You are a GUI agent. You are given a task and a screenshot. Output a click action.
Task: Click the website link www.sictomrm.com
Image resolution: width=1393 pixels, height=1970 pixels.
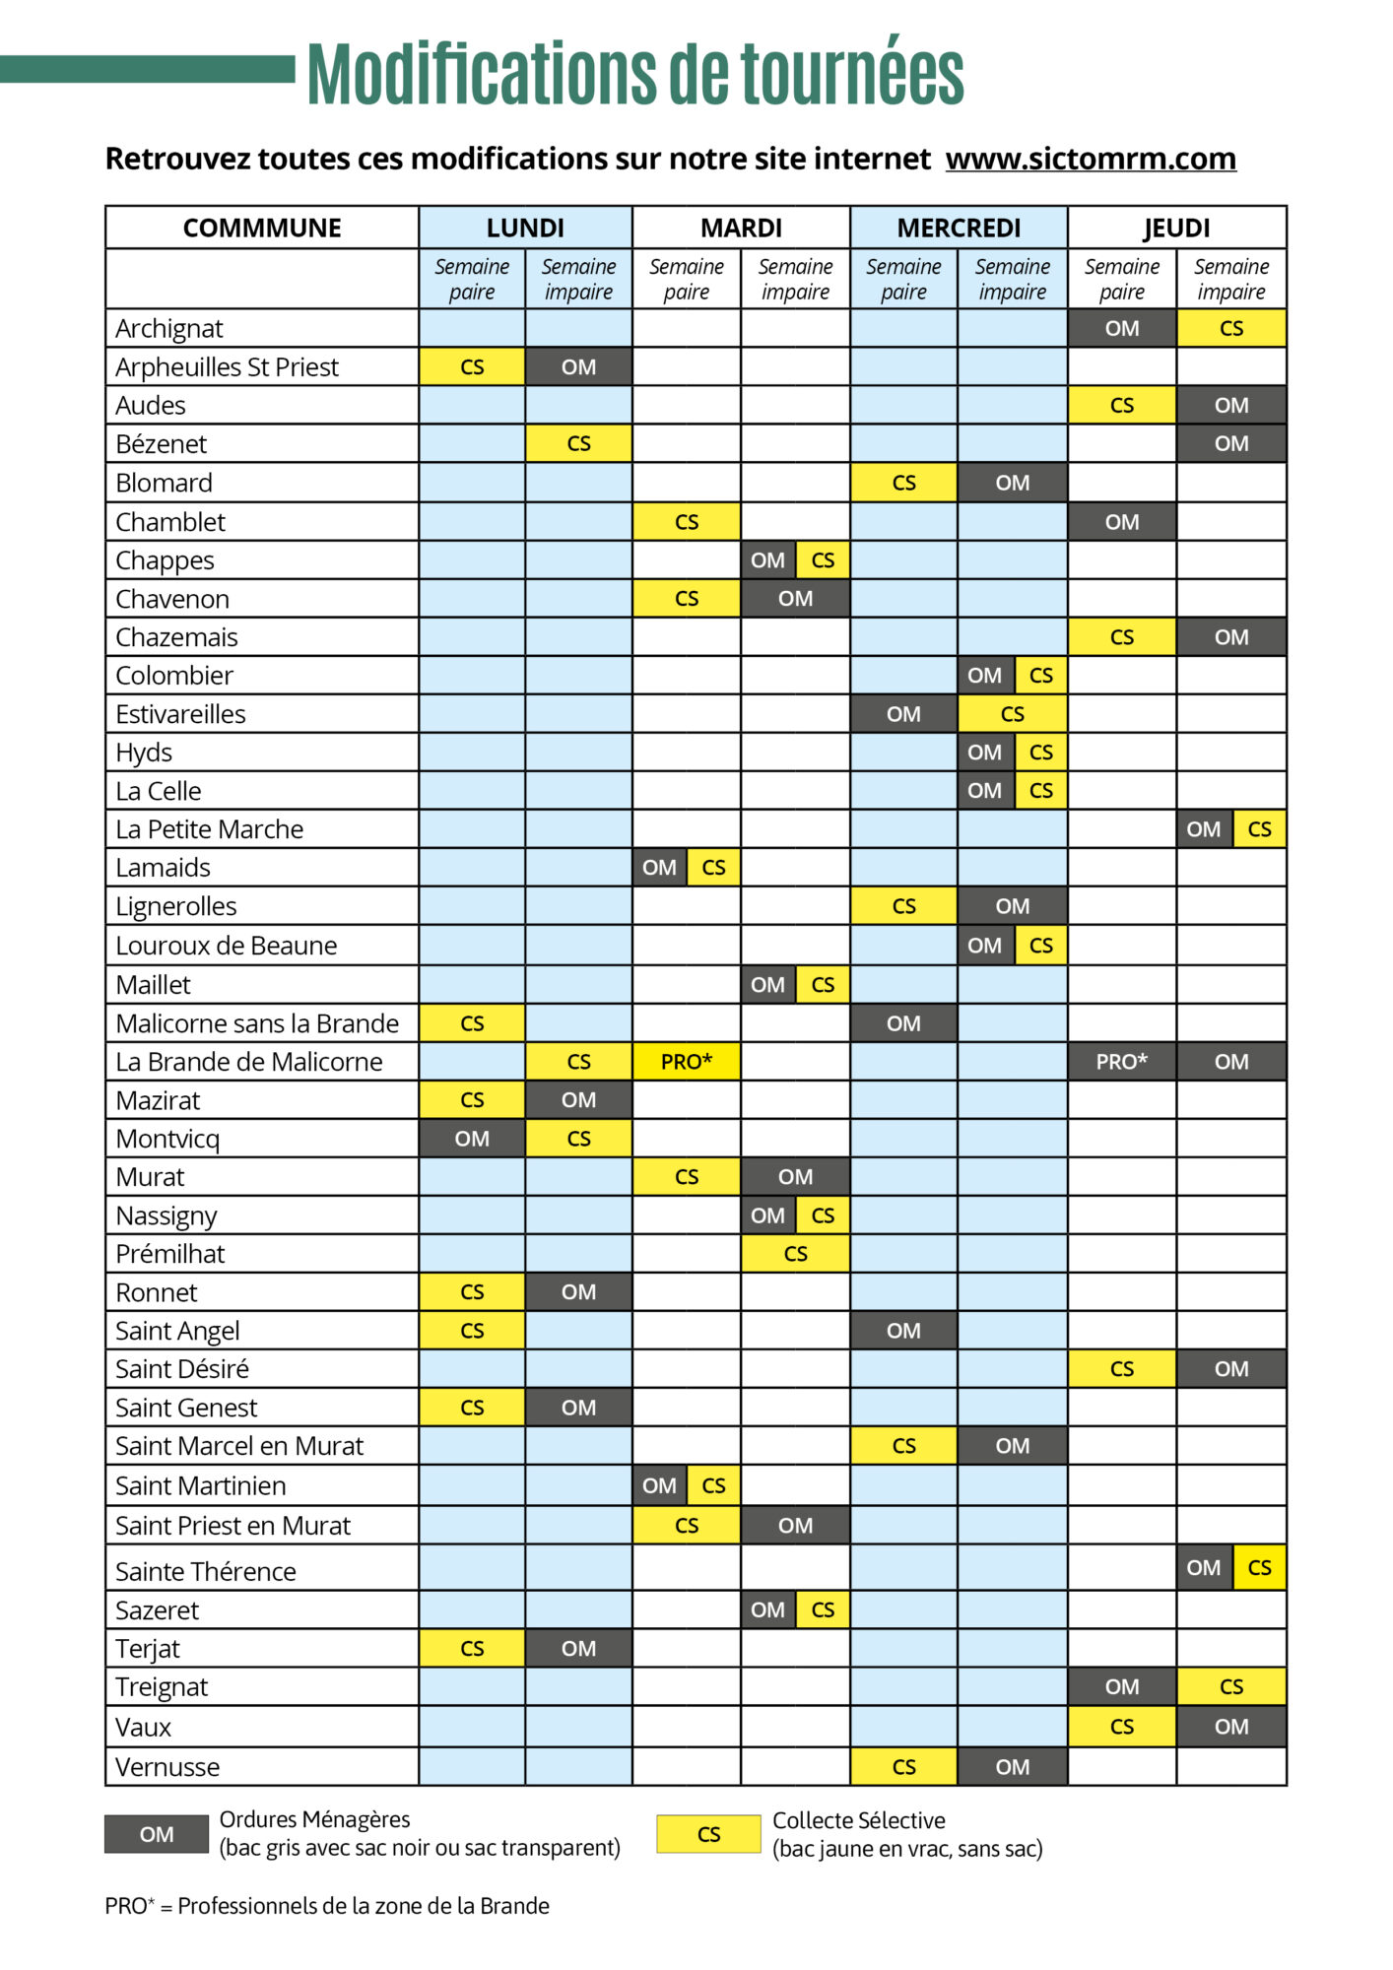(x=1091, y=159)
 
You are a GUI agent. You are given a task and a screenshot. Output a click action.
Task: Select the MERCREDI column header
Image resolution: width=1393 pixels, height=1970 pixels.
(x=959, y=228)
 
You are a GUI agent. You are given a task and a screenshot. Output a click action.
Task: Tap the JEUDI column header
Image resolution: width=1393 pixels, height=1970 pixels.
(x=1176, y=228)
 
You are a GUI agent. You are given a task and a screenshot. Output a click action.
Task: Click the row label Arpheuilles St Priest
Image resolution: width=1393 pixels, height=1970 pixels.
(x=227, y=367)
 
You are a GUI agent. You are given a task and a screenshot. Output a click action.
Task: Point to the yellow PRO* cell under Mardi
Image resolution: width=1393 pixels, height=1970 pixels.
(x=687, y=1062)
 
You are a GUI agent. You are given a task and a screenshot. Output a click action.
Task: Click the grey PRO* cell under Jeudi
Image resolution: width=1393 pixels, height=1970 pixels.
(x=1122, y=1062)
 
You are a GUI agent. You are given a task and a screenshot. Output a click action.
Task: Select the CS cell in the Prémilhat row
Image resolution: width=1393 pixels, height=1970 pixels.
(x=795, y=1254)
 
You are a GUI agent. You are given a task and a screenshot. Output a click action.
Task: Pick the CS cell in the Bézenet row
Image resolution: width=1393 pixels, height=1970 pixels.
(x=578, y=444)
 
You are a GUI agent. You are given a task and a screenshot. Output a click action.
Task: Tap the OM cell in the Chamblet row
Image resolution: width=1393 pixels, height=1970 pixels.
(x=1122, y=522)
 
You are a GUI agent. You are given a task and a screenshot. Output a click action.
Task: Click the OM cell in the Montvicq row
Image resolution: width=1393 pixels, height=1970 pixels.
(x=472, y=1139)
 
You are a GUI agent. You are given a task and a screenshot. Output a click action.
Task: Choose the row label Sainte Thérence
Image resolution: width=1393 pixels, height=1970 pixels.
(x=205, y=1571)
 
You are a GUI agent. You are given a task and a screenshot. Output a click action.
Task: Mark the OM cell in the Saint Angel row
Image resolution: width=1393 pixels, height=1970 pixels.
(x=903, y=1331)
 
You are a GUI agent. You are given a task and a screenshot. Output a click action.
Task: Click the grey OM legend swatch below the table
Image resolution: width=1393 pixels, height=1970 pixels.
(x=157, y=1834)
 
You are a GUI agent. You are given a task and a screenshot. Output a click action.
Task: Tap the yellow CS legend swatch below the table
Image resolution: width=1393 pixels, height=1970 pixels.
(x=708, y=1834)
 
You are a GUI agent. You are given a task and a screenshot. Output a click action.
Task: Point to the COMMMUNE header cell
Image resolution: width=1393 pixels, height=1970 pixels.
(x=262, y=228)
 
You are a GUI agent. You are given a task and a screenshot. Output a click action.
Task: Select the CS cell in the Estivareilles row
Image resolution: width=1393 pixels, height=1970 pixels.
(x=1013, y=714)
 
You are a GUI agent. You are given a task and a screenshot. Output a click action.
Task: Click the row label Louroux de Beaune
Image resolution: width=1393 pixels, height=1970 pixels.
(x=226, y=946)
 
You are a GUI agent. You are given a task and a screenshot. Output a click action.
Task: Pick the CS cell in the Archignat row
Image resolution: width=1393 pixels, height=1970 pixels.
(x=1231, y=328)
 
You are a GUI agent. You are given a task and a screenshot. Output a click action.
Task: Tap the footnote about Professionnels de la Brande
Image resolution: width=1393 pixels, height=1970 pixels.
(x=327, y=1906)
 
